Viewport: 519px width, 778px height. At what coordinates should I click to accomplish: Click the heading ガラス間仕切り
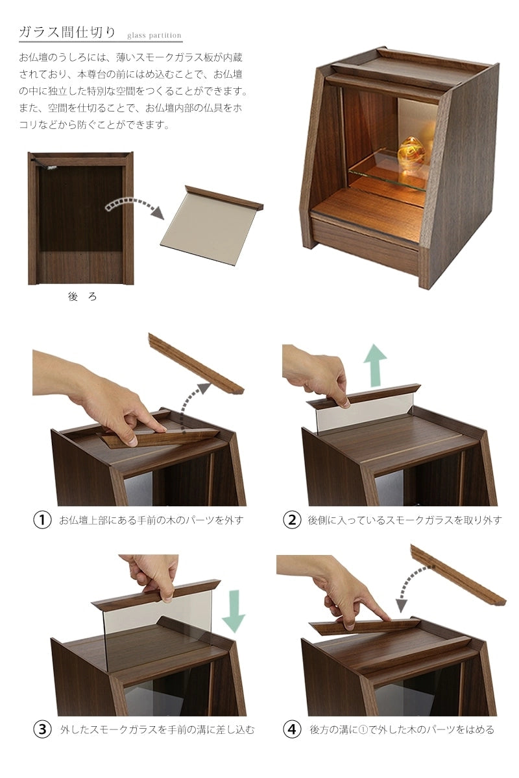click(x=67, y=32)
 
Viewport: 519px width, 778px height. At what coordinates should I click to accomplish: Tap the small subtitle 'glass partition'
click(x=154, y=35)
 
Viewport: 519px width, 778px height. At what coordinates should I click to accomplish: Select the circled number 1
click(x=42, y=520)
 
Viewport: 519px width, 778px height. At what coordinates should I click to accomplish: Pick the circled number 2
click(x=292, y=520)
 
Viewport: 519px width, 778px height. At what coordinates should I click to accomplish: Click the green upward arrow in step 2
click(x=375, y=365)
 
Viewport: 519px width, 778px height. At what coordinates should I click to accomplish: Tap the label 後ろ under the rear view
click(x=82, y=296)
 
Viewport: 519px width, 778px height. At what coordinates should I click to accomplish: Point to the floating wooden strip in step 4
click(x=458, y=575)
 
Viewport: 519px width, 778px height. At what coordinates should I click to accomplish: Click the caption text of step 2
click(x=405, y=520)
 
